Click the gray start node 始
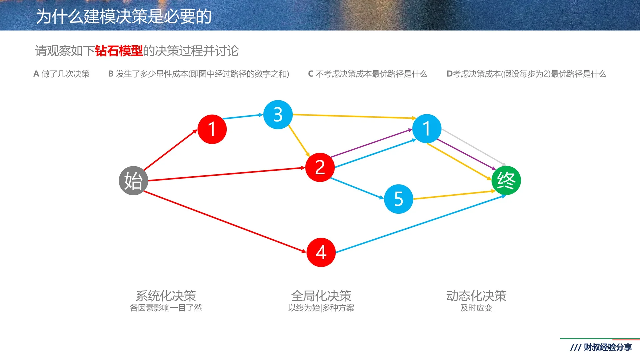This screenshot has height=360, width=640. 133,181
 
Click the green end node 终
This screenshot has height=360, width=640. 506,180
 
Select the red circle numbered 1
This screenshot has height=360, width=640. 212,129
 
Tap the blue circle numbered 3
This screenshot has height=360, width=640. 278,115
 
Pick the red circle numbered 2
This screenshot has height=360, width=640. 320,167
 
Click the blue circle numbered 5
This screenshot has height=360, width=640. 399,199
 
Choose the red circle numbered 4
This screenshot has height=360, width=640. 321,252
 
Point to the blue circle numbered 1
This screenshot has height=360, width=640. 427,129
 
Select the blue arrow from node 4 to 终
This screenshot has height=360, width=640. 420,224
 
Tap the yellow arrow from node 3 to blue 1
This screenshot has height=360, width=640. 353,116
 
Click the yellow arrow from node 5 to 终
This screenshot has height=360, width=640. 453,195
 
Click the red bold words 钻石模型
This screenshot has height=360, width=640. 119,51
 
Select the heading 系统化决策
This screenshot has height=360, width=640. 166,296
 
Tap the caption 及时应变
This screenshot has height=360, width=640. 476,308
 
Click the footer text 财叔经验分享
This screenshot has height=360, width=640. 607,347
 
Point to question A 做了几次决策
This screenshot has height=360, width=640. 62,74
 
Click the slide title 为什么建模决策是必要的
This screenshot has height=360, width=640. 124,16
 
